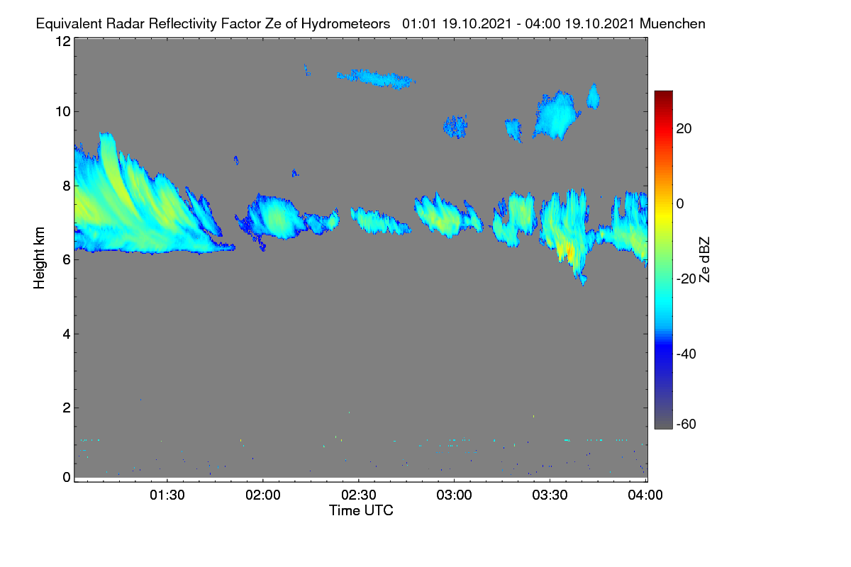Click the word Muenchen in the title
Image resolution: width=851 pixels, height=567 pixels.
point(672,24)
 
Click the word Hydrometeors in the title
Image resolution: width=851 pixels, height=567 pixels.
point(345,24)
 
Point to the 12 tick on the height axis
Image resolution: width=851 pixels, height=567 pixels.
point(63,41)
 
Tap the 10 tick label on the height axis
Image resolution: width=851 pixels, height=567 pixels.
point(63,112)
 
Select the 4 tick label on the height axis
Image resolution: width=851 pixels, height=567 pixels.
point(67,335)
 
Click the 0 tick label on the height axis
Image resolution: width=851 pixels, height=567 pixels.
point(67,477)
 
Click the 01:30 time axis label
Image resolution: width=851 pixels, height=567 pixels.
point(167,495)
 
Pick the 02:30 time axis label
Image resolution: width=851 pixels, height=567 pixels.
point(359,495)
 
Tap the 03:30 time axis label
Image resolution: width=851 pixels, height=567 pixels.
point(550,495)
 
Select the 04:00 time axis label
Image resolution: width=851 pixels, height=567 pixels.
point(645,495)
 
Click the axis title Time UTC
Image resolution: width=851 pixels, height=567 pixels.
point(361,510)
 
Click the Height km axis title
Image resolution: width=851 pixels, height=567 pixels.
point(39,258)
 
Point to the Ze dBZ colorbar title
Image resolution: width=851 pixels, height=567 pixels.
point(704,260)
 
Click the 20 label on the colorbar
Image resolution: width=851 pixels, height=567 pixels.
point(684,129)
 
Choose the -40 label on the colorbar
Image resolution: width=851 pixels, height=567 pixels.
point(686,354)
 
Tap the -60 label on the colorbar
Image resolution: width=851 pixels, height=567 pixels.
point(686,424)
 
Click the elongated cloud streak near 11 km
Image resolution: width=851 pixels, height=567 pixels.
point(376,79)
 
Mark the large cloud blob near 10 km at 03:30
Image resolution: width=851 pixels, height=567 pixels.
point(557,115)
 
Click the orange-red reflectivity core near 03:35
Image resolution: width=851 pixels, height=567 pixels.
point(569,252)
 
